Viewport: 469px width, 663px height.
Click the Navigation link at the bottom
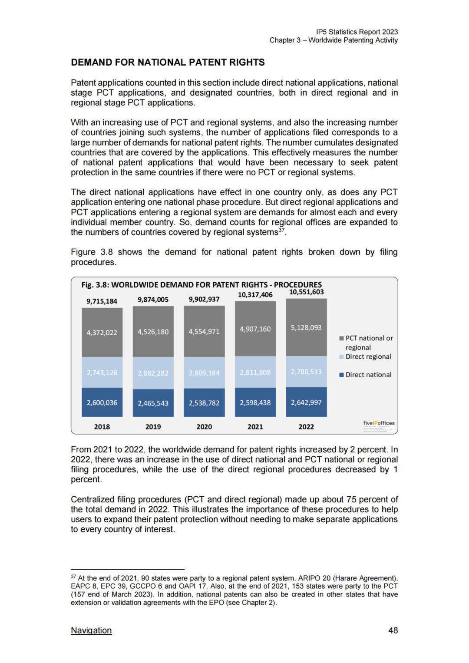[x=91, y=630]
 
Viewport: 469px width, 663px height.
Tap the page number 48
[x=393, y=630]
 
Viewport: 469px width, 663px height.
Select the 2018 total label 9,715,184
[x=102, y=301]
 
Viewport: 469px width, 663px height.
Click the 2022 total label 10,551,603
[x=306, y=292]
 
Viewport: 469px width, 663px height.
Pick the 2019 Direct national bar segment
[x=153, y=403]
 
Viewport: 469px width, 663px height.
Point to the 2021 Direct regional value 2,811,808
[x=255, y=373]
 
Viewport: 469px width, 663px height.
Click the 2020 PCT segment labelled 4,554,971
[x=204, y=332]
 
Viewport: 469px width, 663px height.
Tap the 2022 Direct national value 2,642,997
[x=306, y=402]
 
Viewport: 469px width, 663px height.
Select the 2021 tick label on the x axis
[x=255, y=427]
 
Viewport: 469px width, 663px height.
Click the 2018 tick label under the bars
[x=102, y=427]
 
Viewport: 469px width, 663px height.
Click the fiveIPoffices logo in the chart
[x=379, y=423]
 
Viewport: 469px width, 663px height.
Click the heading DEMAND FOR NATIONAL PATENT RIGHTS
[x=168, y=63]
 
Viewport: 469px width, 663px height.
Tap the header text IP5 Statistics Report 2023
[x=357, y=32]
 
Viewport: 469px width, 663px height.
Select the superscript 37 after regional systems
[x=281, y=230]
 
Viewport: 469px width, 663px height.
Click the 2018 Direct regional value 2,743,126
[x=102, y=373]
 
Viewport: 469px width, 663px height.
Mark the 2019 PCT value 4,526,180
[x=153, y=332]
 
